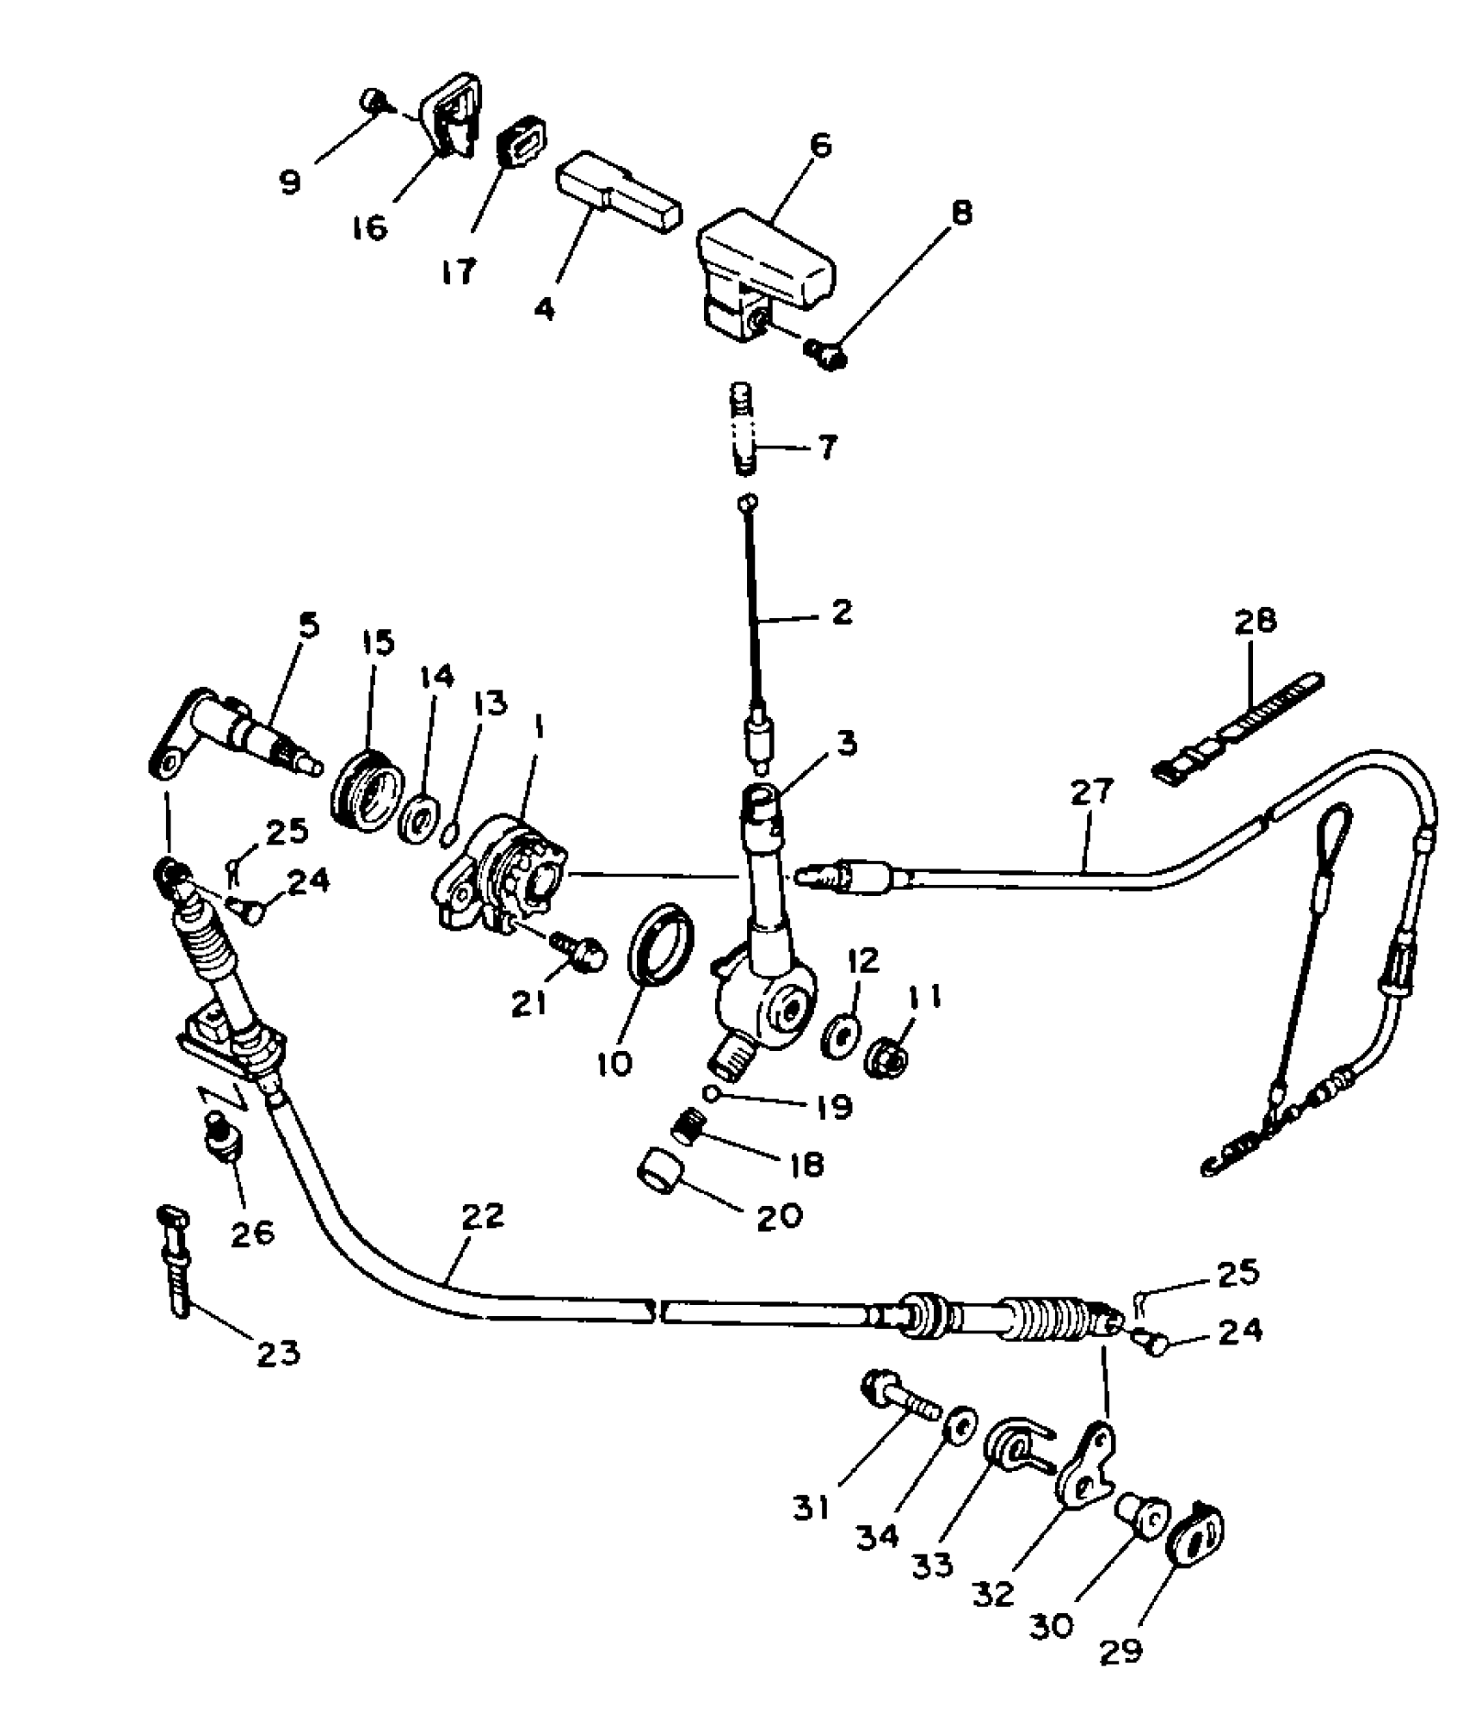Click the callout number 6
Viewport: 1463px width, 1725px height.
(821, 145)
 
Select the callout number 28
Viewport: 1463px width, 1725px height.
(1256, 621)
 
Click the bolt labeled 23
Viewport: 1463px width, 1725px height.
(178, 1261)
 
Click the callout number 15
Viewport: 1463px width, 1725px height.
(377, 643)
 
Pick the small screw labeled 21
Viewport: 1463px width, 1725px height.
(583, 952)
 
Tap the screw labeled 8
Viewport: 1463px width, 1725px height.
(824, 352)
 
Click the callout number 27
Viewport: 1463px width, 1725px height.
(1091, 792)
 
